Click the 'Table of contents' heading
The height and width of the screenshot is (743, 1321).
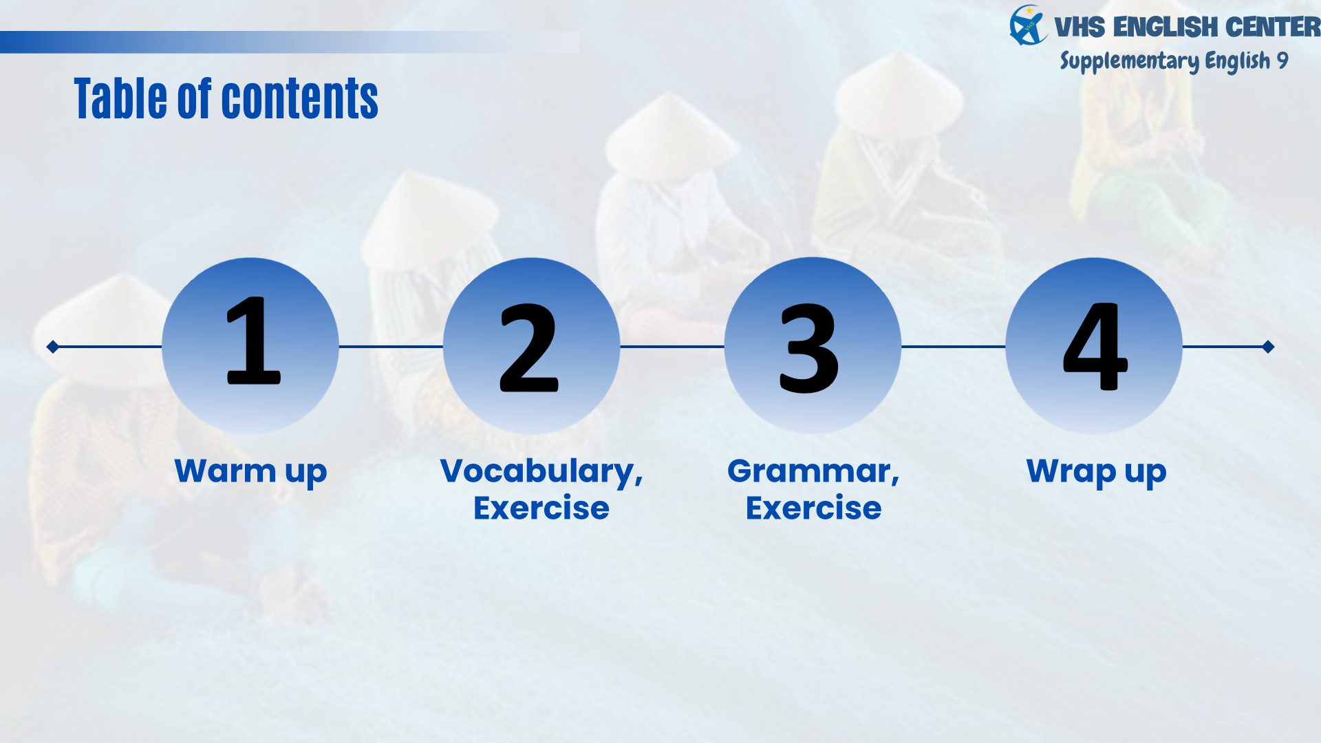pyautogui.click(x=226, y=98)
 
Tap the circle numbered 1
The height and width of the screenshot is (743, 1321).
pyautogui.click(x=250, y=346)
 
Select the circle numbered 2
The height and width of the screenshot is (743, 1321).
pyautogui.click(x=531, y=346)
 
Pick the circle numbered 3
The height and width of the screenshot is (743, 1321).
pyautogui.click(x=813, y=346)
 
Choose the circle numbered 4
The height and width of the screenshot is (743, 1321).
pyautogui.click(x=1094, y=346)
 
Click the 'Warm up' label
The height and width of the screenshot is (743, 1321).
pyautogui.click(x=250, y=473)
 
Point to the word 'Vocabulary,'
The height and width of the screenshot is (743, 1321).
pyautogui.click(x=541, y=473)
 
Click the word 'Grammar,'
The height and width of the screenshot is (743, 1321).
pyautogui.click(x=813, y=473)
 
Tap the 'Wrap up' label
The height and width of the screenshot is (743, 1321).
pyautogui.click(x=1096, y=473)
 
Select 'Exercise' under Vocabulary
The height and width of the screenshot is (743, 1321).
pyautogui.click(x=541, y=508)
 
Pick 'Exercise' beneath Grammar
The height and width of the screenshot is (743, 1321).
pyautogui.click(x=813, y=508)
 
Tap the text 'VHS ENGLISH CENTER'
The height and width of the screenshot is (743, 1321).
pyautogui.click(x=1187, y=28)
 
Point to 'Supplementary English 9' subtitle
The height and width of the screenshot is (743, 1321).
pyautogui.click(x=1174, y=61)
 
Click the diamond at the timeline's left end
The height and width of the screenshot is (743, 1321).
pyautogui.click(x=53, y=347)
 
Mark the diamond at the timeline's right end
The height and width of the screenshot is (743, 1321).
pyautogui.click(x=1268, y=347)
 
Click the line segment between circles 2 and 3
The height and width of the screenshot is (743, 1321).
pyautogui.click(x=672, y=347)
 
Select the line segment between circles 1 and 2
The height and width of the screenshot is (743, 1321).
pyautogui.click(x=391, y=347)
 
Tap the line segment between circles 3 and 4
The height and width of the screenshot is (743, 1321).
pyautogui.click(x=954, y=347)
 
